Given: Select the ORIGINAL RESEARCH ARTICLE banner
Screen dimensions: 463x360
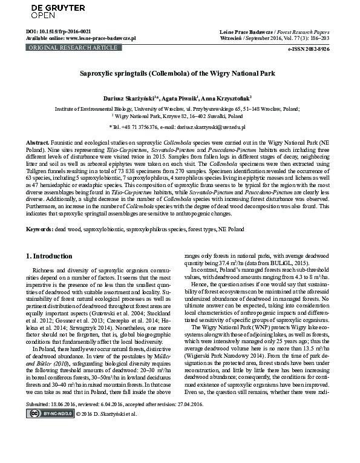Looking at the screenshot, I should pos(64,46).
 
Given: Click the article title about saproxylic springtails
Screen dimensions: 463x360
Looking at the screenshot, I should pos(177,73).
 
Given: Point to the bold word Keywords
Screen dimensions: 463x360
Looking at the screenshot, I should pos(39,214).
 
